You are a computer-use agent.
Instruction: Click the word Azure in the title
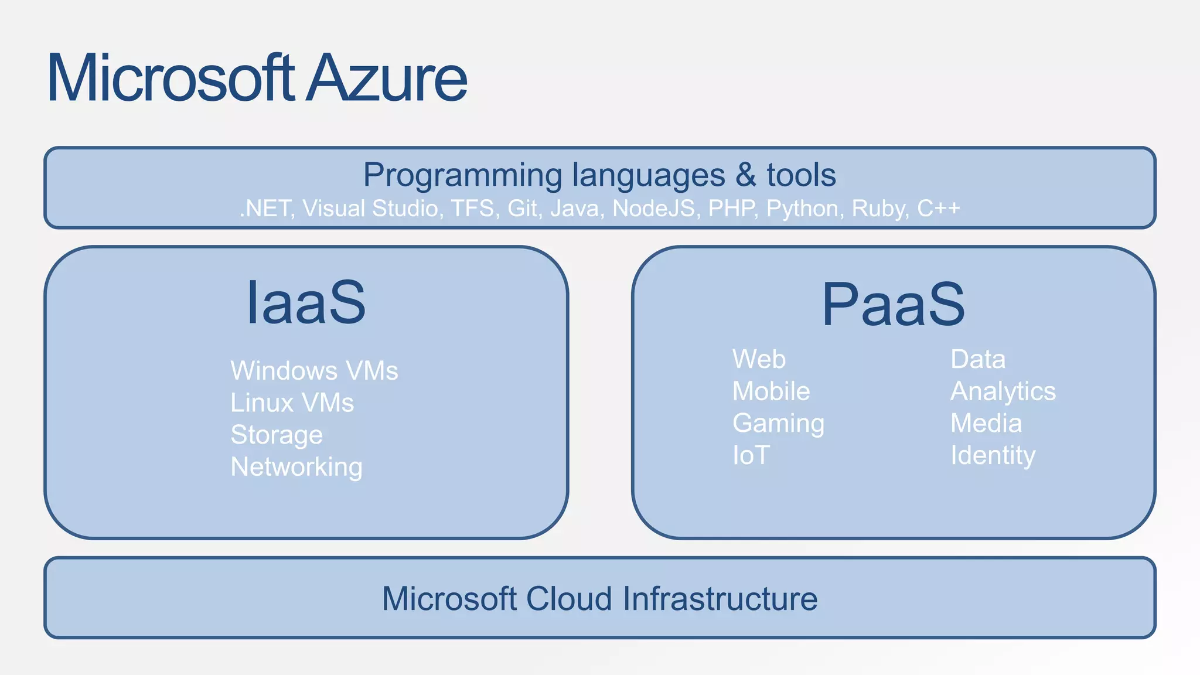[x=387, y=79]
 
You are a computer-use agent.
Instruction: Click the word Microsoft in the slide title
[x=170, y=79]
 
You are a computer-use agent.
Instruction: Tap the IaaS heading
[x=306, y=303]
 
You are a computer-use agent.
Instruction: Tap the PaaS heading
[x=893, y=305]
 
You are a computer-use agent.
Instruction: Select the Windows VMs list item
[x=314, y=371]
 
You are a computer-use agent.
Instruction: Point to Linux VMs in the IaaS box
[x=292, y=403]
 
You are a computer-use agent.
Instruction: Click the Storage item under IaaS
[x=277, y=435]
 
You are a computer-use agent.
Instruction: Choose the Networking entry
[x=296, y=468]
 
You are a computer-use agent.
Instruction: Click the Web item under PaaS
[x=759, y=359]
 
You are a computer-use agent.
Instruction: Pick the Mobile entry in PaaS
[x=771, y=391]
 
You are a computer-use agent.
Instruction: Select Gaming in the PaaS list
[x=778, y=424]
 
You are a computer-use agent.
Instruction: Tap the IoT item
[x=751, y=455]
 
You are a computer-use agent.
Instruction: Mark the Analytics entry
[x=1003, y=391]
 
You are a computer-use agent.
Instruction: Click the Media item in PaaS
[x=986, y=424]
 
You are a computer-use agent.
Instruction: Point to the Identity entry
[x=993, y=455]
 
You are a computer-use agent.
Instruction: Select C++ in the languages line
[x=938, y=209]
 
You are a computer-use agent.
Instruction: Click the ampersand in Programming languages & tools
[x=745, y=175]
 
